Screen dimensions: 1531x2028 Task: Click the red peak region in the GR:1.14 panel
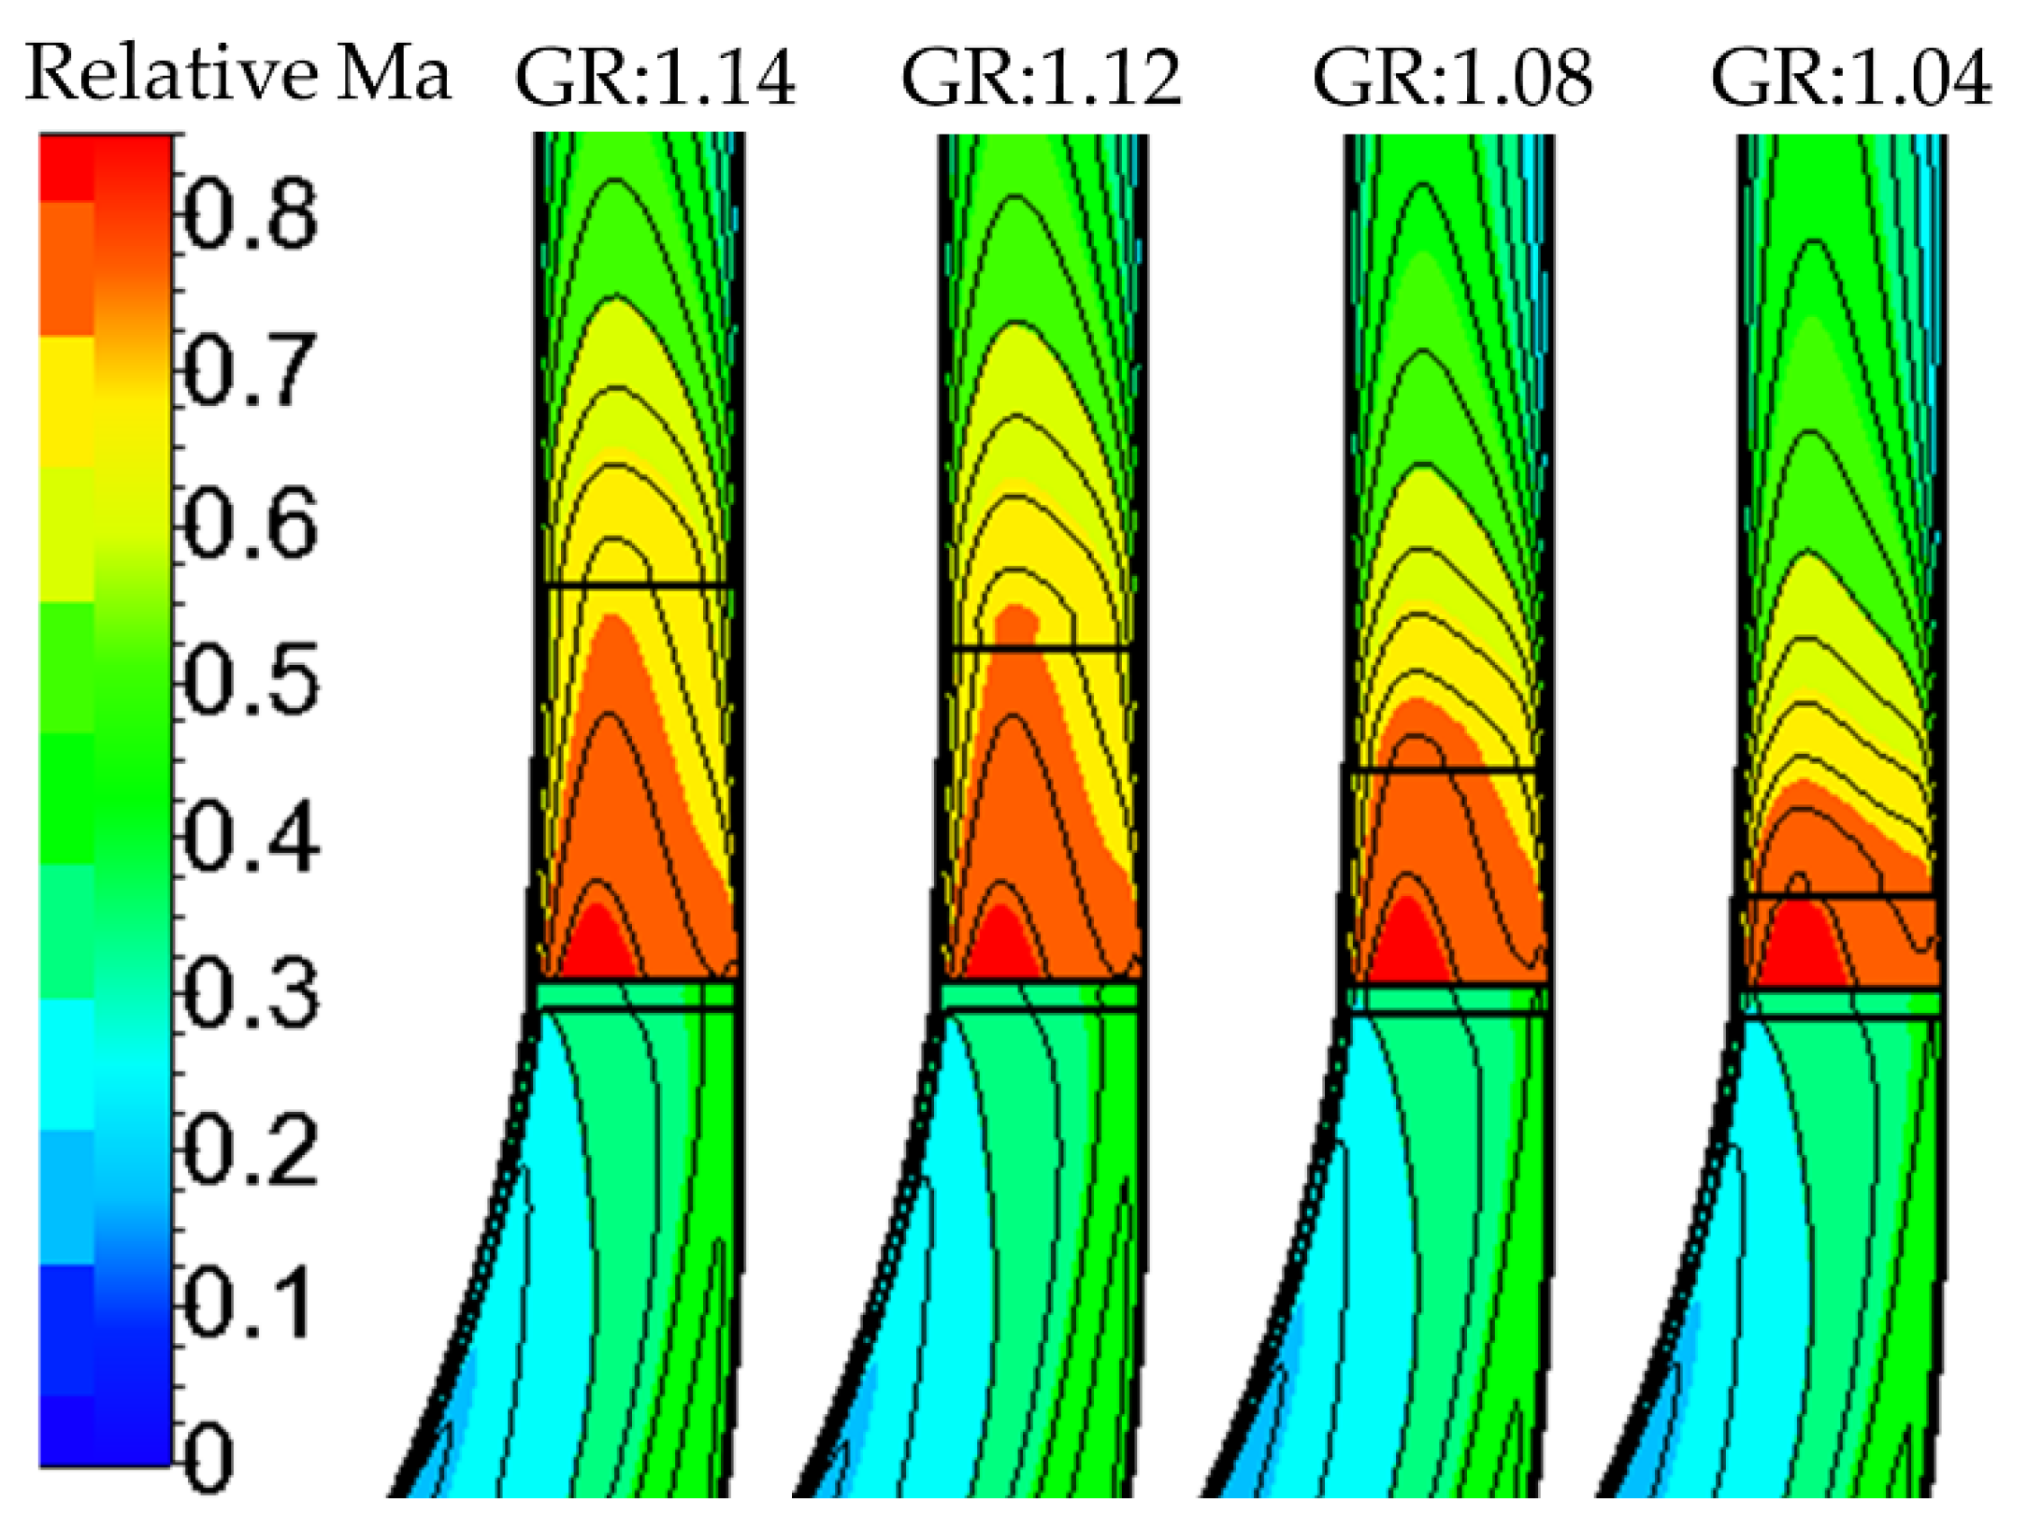click(x=597, y=946)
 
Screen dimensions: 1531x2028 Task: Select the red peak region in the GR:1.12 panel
click(x=1001, y=946)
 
